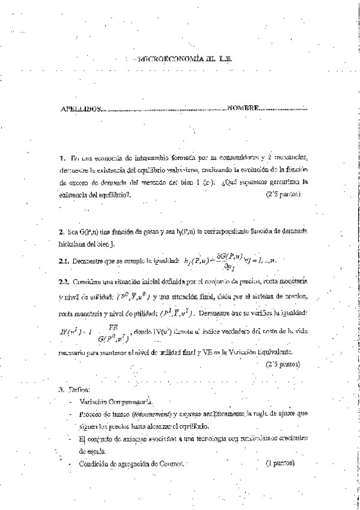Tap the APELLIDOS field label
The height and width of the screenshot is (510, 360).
[82, 109]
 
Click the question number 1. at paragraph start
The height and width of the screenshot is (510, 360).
[63, 158]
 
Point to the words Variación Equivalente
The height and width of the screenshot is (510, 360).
[270, 351]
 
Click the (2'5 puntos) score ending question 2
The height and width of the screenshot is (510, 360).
[282, 364]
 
